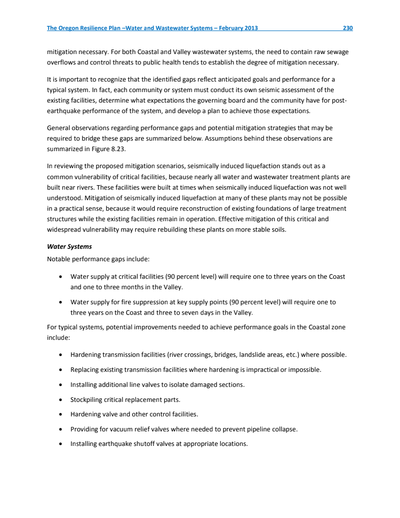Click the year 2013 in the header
(x=250, y=28)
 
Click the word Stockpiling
(x=88, y=399)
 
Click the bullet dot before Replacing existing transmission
(x=60, y=370)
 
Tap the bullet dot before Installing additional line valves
(x=60, y=385)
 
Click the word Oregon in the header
(x=71, y=28)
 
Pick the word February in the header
(x=225, y=28)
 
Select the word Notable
(x=59, y=259)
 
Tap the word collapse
(x=285, y=429)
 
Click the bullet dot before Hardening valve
(x=60, y=414)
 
